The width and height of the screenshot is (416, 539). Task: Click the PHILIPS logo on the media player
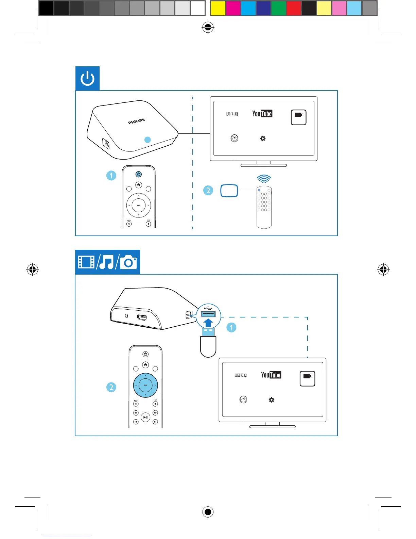pos(136,121)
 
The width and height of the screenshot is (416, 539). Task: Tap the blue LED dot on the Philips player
pos(148,140)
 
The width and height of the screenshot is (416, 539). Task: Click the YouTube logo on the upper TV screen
pos(262,114)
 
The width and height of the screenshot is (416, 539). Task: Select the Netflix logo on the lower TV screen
pos(241,375)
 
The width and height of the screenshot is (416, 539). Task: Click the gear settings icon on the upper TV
pos(263,138)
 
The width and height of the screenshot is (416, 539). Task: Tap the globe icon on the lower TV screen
pos(243,399)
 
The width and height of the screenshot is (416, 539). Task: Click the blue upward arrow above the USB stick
pos(208,323)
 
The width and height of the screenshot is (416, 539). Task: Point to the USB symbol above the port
pos(208,309)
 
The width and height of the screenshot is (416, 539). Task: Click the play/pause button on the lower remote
pos(145,417)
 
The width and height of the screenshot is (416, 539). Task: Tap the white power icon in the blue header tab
pos(87,79)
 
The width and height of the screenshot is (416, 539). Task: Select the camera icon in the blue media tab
pos(128,262)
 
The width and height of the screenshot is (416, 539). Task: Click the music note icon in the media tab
pos(106,262)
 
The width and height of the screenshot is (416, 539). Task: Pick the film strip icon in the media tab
pos(86,262)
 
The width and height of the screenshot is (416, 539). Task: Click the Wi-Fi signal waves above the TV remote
pos(264,179)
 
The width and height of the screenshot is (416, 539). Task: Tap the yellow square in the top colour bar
pos(218,9)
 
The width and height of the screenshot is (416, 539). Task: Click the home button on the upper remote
pos(139,185)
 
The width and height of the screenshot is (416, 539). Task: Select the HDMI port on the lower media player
pos(142,318)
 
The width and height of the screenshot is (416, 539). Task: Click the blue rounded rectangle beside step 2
pos(229,191)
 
